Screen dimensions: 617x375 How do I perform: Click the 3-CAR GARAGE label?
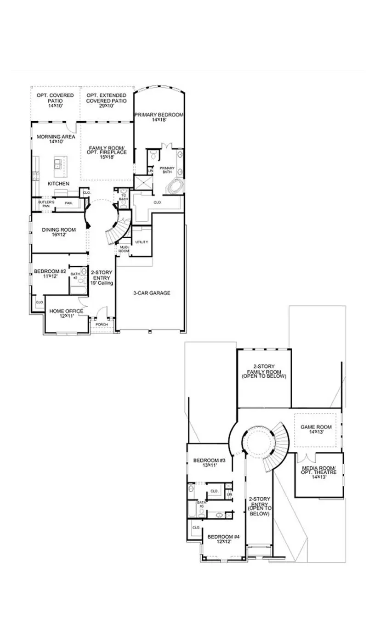tap(152, 293)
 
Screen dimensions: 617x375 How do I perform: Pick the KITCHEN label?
tap(58, 184)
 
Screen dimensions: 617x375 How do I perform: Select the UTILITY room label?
tap(142, 242)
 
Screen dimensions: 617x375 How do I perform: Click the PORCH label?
tap(101, 325)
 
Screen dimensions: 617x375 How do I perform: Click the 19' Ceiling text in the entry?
tap(101, 283)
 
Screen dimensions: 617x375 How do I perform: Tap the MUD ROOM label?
tap(124, 249)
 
